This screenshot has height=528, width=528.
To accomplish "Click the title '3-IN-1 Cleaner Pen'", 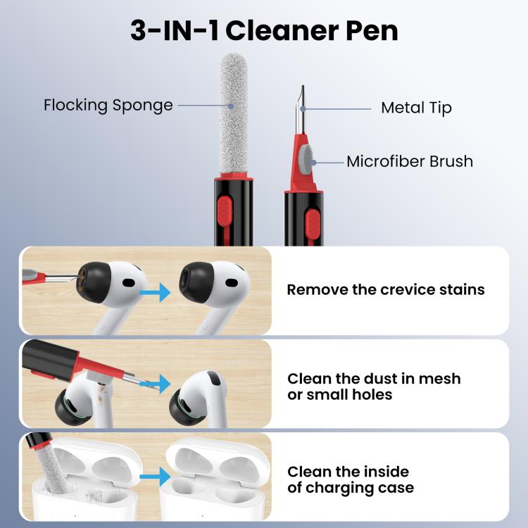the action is (264, 31).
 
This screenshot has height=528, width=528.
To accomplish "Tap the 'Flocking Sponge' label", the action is (108, 105).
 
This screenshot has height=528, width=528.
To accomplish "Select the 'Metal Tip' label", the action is (416, 108).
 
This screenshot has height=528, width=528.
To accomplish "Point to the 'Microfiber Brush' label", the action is (410, 161).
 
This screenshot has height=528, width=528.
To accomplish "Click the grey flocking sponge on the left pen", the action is (234, 114).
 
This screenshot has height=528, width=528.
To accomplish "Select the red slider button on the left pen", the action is (225, 211).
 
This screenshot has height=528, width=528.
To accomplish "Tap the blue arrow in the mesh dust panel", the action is (155, 384).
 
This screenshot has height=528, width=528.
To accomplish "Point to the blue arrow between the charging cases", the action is (155, 477).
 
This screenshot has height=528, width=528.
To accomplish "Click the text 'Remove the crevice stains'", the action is (386, 289).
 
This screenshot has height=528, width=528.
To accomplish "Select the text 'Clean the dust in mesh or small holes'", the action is (374, 386).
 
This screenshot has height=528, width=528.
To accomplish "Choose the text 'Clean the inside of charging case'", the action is (351, 479).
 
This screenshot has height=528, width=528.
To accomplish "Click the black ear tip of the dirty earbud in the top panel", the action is (94, 282).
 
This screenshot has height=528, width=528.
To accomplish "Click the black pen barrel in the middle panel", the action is (50, 359).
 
